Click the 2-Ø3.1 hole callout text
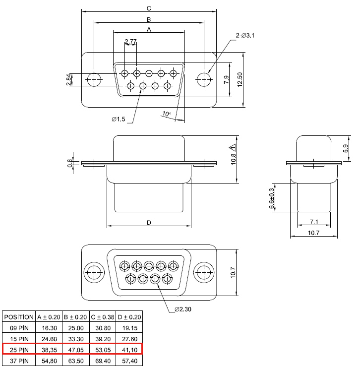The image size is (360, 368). [x=245, y=36]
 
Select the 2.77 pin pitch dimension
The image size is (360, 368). [x=130, y=42]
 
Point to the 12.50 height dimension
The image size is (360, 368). [x=240, y=79]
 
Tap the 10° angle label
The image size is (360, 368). [x=167, y=114]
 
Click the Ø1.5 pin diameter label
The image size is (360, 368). [x=119, y=119]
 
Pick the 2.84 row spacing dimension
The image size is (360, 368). [x=68, y=80]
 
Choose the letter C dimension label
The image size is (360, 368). [x=149, y=8]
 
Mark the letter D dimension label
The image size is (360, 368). [x=149, y=223]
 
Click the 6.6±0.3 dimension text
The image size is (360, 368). [x=272, y=198]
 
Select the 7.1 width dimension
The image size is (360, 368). [x=314, y=222]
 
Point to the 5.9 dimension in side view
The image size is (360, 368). [x=346, y=148]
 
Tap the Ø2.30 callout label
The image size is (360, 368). [x=183, y=309]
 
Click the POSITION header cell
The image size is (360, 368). [x=19, y=317]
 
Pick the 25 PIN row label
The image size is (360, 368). [x=19, y=350]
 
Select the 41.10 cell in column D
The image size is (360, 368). [x=130, y=350]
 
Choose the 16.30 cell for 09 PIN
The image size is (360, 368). [x=49, y=328]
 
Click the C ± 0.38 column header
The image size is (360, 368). [x=103, y=317]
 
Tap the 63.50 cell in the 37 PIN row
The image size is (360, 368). [x=76, y=361]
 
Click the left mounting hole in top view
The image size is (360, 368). [x=94, y=80]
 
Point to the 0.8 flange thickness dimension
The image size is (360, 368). [x=70, y=163]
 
